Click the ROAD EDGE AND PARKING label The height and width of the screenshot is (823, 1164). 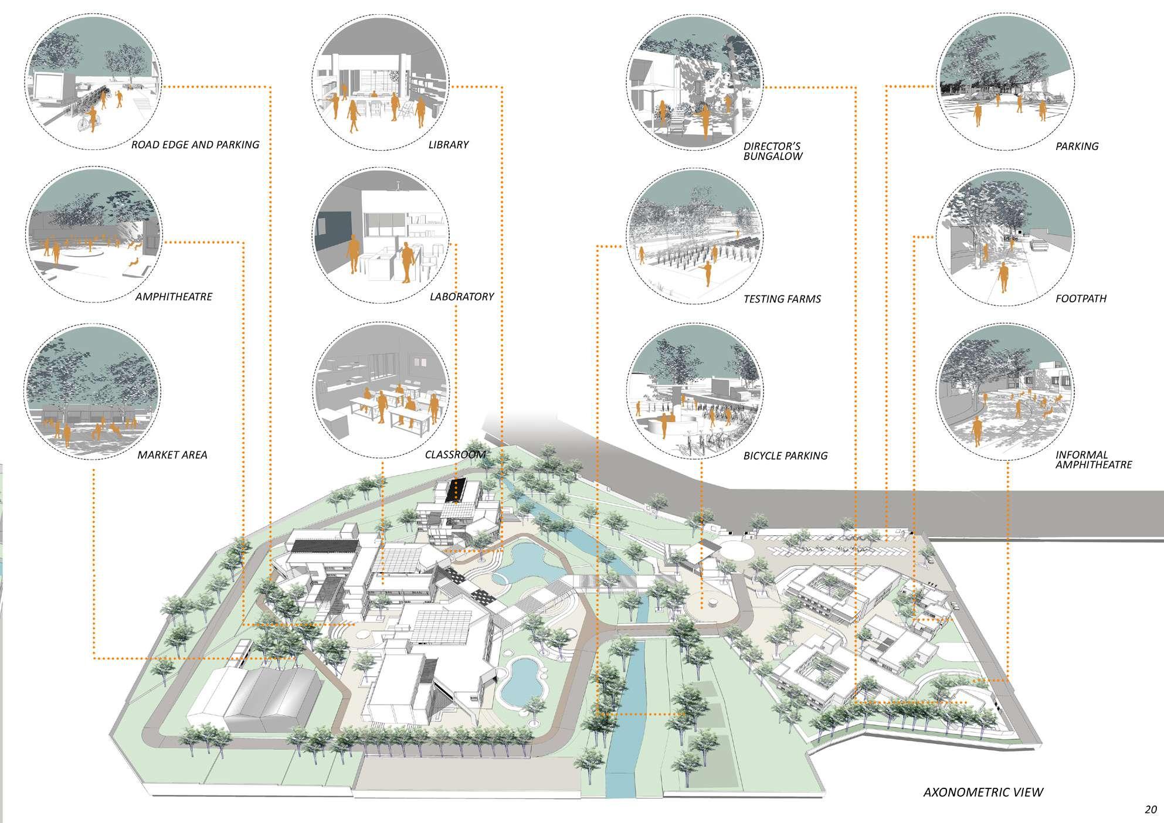tap(195, 145)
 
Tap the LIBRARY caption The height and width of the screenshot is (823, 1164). tap(448, 145)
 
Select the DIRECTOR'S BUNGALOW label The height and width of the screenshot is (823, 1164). tap(773, 151)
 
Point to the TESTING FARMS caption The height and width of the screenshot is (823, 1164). tap(782, 299)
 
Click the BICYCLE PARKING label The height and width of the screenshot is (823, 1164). tap(785, 455)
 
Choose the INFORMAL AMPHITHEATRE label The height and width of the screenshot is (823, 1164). tap(1093, 460)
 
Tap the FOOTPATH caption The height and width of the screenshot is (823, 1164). tap(1081, 298)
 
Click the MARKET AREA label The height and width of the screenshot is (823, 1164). tap(172, 455)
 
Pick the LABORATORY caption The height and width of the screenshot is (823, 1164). tap(461, 297)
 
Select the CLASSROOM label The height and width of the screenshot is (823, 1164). tap(455, 455)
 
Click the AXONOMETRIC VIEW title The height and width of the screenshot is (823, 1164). tap(983, 793)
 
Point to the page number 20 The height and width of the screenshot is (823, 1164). tap(1150, 810)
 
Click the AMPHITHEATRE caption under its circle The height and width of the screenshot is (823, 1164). tap(174, 297)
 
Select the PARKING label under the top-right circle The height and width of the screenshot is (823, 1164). tap(1077, 147)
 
